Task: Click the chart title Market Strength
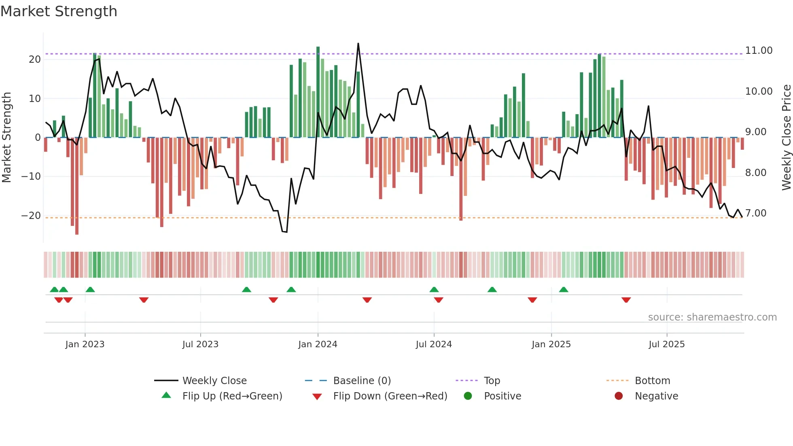[x=59, y=11]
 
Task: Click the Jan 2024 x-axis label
[x=318, y=344]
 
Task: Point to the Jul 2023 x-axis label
[x=200, y=344]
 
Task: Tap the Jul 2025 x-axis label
[x=666, y=344]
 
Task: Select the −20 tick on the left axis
[x=31, y=216]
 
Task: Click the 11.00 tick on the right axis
[x=759, y=51]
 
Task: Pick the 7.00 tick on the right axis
[x=755, y=213]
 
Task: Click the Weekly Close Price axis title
[x=786, y=138]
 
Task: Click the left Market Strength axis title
[x=6, y=138]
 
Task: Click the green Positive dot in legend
[x=468, y=396]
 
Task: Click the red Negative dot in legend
[x=619, y=396]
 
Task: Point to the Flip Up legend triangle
[x=166, y=395]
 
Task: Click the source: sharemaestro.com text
[x=712, y=317]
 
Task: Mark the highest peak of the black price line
[x=358, y=44]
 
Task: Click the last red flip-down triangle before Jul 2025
[x=626, y=300]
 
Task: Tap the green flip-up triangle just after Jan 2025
[x=564, y=289]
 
